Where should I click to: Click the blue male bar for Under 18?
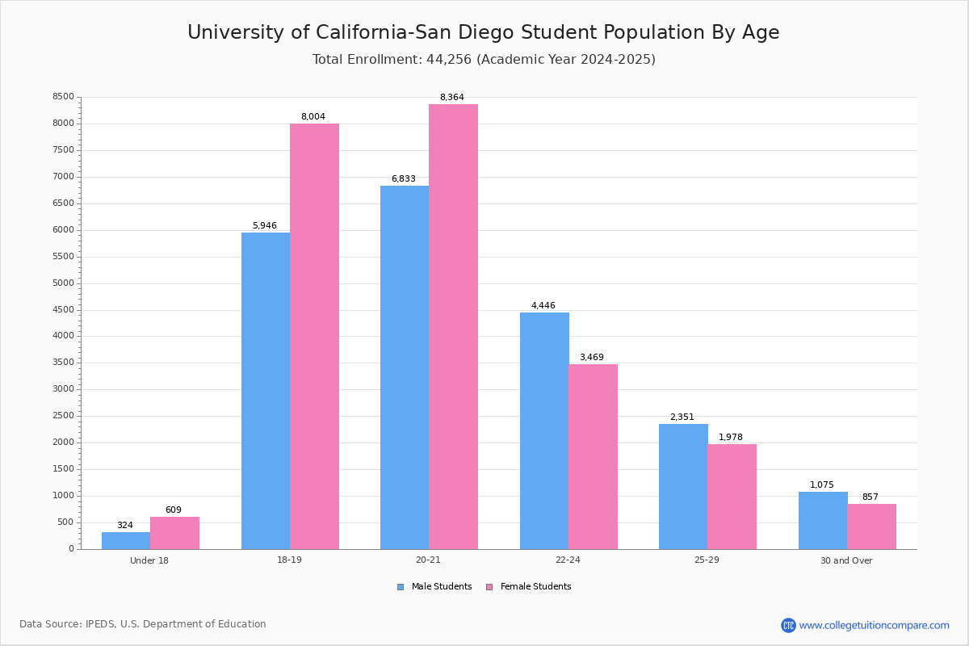coord(126,540)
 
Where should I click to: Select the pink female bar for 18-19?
coord(314,336)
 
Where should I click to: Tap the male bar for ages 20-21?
coord(405,367)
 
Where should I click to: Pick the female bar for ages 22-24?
coord(593,456)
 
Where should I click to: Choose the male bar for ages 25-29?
coord(683,486)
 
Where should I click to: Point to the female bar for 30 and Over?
coord(871,526)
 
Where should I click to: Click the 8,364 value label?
coord(451,98)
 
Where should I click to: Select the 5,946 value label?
coord(265,226)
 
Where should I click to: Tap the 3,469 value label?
coord(591,358)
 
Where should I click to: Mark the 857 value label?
coord(870,497)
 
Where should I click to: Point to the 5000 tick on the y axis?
coord(64,283)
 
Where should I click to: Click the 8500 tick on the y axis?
coord(64,97)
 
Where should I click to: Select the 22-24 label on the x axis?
coord(568,560)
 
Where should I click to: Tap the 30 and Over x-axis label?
coord(846,560)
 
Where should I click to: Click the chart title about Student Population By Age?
coord(483,32)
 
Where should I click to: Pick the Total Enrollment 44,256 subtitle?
coord(483,60)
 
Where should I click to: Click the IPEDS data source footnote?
coord(143,624)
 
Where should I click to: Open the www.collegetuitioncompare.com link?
coord(874,625)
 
